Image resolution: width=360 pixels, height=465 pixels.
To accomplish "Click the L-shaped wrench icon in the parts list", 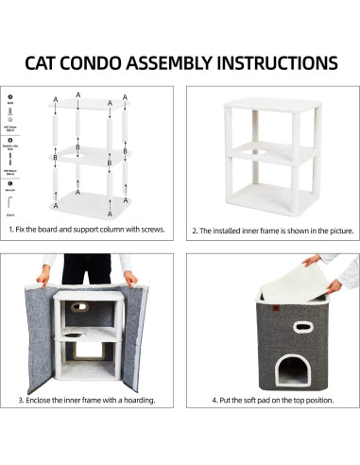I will pos(9,202).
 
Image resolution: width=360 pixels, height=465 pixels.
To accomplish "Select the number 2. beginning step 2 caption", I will pos(195,230).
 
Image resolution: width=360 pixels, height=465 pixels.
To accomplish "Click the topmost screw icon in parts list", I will pos(9,97).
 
